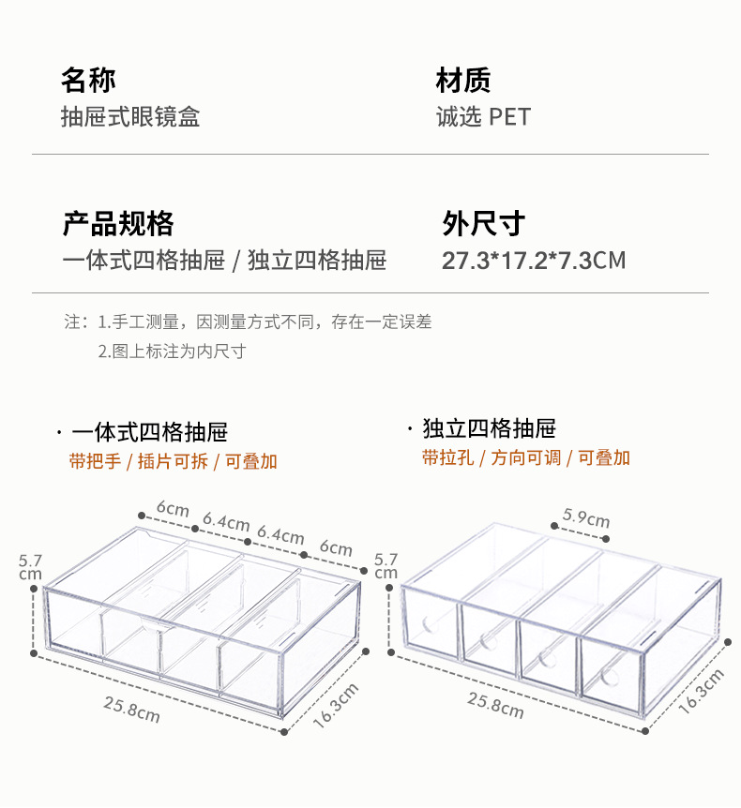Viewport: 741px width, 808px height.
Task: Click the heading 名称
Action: click(88, 81)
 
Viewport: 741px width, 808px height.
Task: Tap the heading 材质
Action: click(463, 81)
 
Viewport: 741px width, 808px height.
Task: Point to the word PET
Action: click(510, 117)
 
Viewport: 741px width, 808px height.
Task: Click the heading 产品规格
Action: click(117, 224)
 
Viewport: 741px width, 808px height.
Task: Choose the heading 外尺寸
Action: click(483, 224)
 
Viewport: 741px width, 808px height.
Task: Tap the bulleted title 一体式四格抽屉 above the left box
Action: click(150, 432)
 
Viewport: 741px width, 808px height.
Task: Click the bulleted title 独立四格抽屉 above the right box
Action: click(489, 429)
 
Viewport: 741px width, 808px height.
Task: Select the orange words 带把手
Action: click(95, 461)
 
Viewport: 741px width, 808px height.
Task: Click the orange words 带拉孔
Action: click(446, 457)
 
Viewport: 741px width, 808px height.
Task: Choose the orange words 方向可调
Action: click(525, 457)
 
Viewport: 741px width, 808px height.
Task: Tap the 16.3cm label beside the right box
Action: click(701, 692)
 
